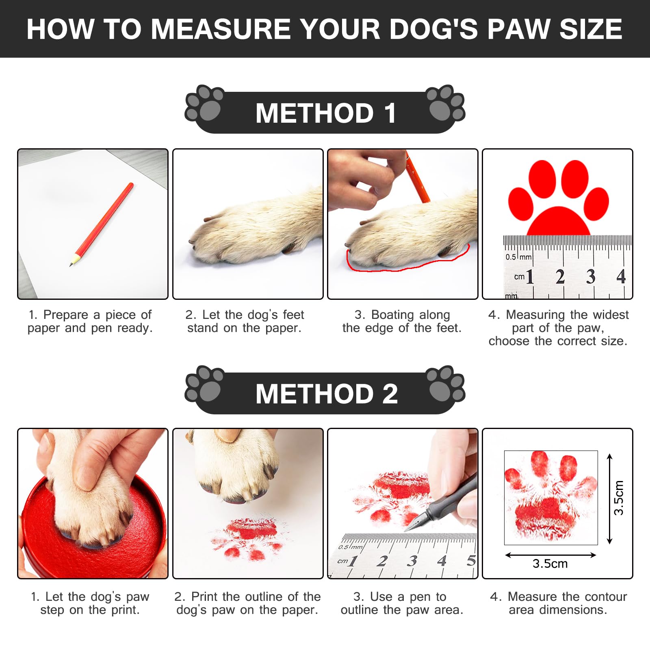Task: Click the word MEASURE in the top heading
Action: [220, 29]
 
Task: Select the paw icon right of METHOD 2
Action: [446, 385]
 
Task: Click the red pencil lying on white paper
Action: [101, 224]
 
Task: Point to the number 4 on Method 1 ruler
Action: [621, 277]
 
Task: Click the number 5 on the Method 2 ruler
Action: [471, 561]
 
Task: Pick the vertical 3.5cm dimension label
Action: [618, 498]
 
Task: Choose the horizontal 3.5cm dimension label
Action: [550, 563]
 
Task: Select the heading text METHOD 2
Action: [327, 394]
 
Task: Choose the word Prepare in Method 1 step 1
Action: [66, 315]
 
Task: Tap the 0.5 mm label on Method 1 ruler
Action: [518, 257]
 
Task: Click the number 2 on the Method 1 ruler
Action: [560, 277]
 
